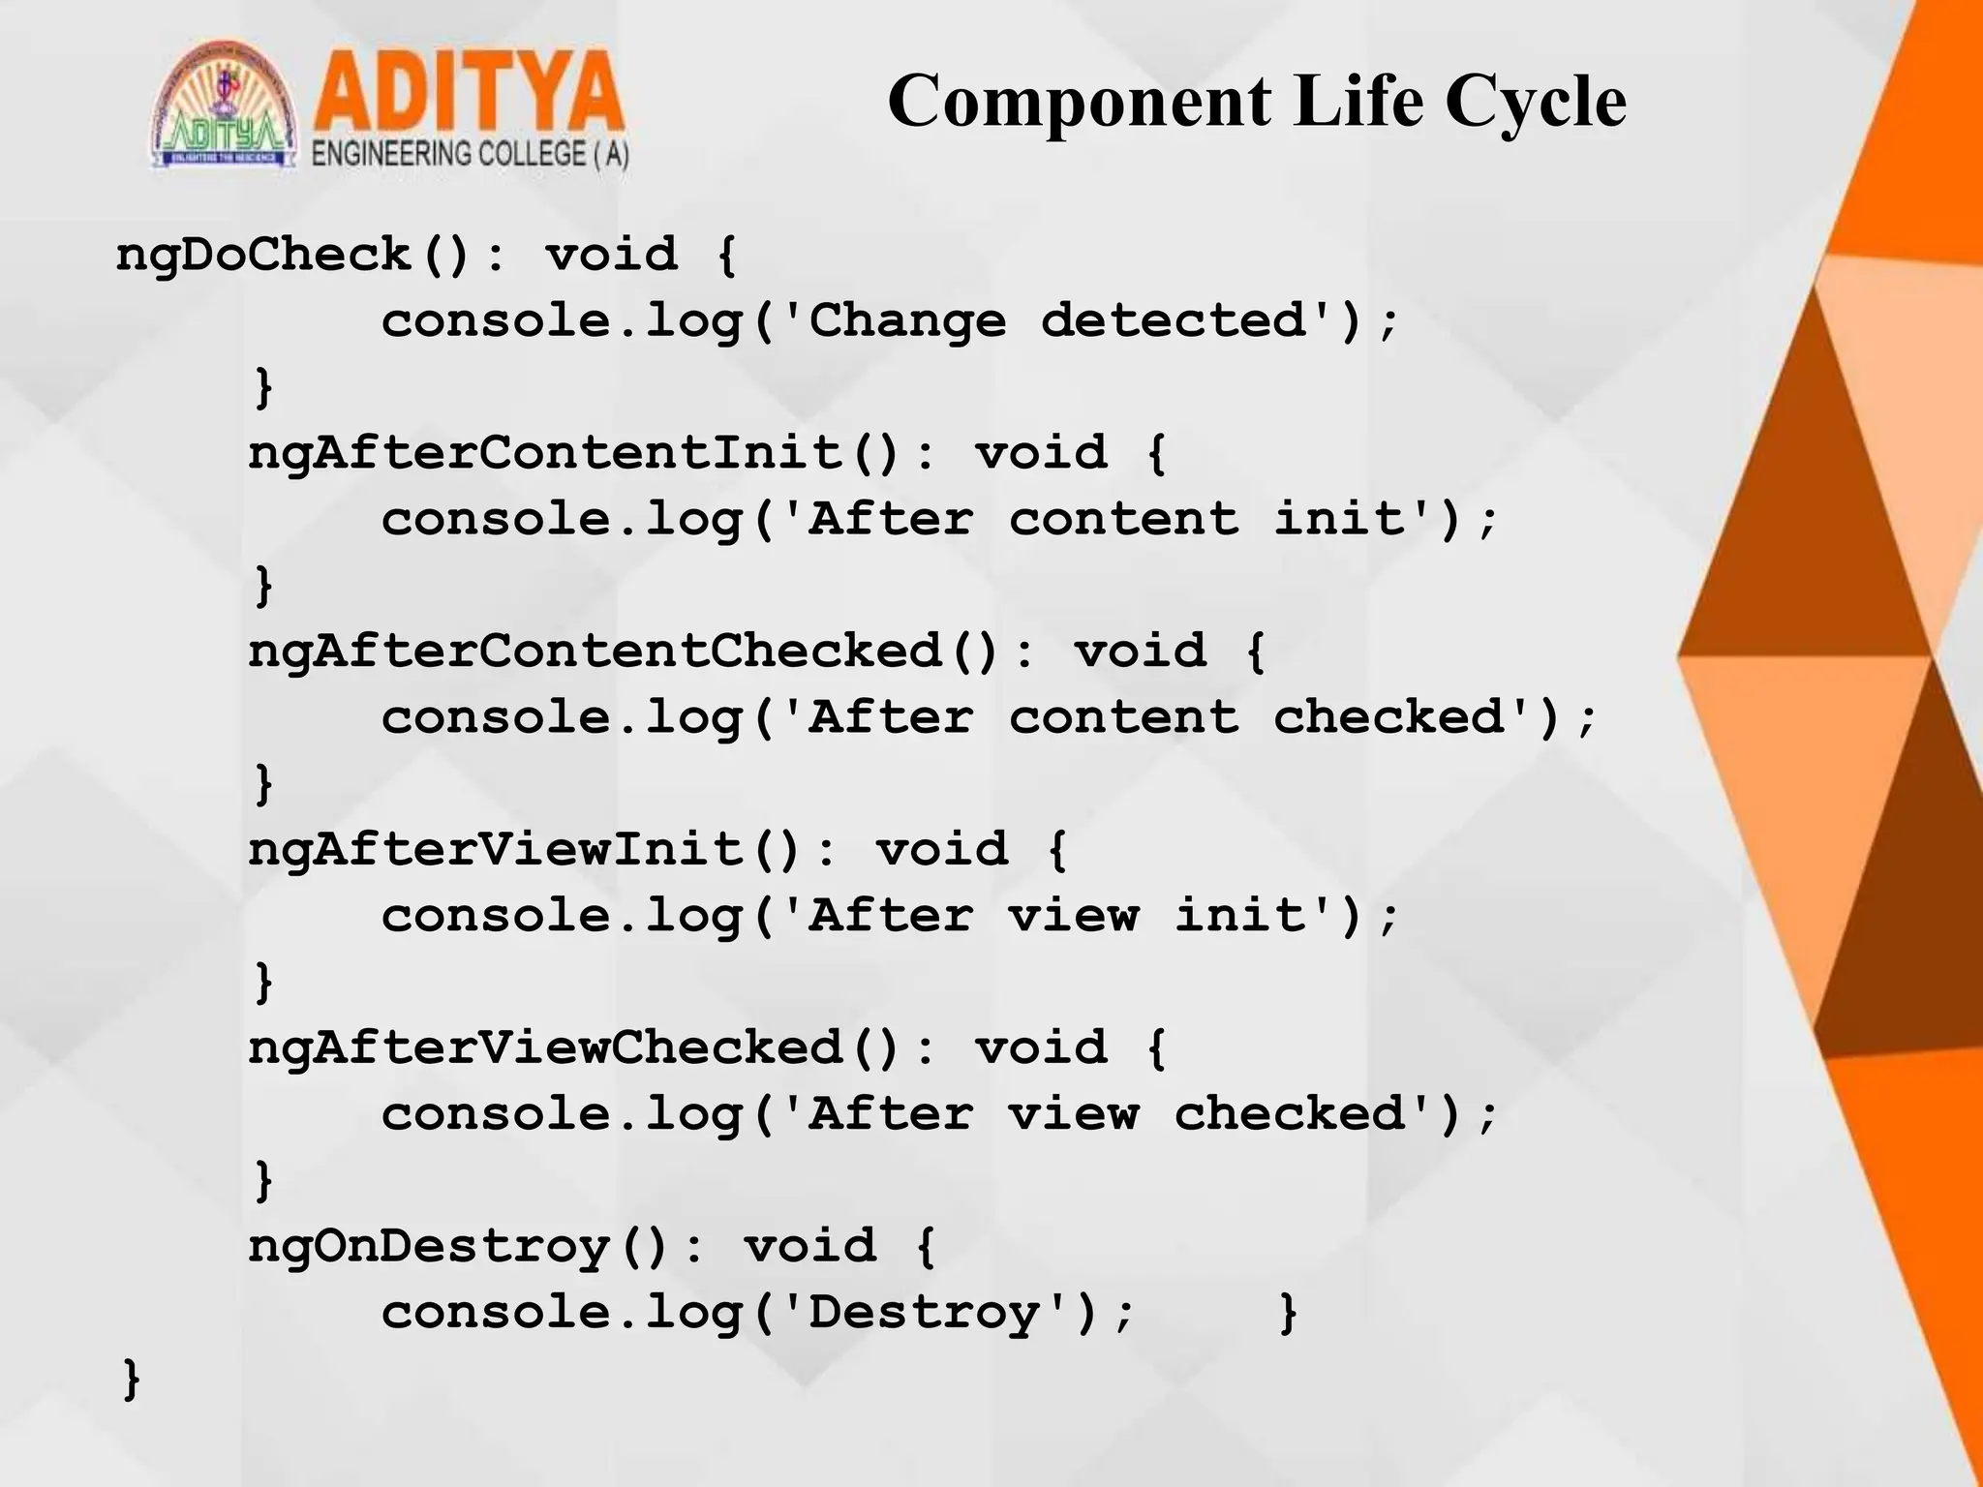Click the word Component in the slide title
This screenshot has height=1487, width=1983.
tap(1080, 103)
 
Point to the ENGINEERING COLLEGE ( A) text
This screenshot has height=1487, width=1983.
tap(471, 155)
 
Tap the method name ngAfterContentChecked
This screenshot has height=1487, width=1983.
tap(595, 652)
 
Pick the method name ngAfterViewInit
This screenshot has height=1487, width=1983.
tap(497, 850)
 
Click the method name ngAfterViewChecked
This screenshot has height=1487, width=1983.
tap(546, 1048)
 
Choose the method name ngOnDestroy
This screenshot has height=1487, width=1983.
tap(430, 1247)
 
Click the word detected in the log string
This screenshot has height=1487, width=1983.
tap(1174, 320)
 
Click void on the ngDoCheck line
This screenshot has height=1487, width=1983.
tap(611, 256)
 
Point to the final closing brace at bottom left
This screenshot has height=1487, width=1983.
tap(131, 1379)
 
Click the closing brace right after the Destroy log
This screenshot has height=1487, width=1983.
tap(1288, 1314)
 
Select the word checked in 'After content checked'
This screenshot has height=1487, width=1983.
tap(1389, 717)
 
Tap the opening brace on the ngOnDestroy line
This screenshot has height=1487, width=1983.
tap(926, 1247)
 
